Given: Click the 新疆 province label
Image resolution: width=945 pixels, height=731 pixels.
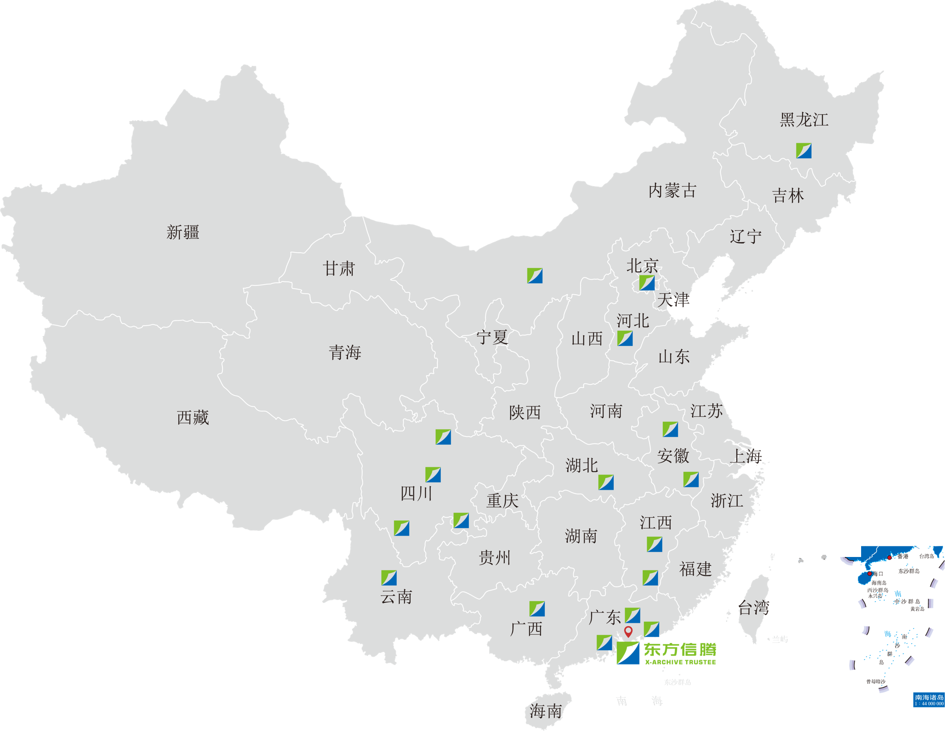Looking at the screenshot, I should [x=183, y=232].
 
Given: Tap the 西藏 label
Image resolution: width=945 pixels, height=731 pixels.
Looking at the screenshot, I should [x=193, y=418].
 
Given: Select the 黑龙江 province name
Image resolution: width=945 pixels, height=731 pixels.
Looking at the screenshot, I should [x=804, y=120].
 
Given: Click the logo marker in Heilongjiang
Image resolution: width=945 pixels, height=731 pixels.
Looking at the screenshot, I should [x=803, y=150].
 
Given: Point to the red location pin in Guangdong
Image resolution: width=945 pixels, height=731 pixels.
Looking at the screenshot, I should [x=628, y=631].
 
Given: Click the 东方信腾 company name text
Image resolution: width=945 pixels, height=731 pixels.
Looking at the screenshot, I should [x=680, y=650].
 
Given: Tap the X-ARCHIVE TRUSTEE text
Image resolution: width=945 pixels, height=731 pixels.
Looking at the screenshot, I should [x=680, y=662].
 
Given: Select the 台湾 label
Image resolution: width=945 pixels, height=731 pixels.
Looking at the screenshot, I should [x=754, y=608].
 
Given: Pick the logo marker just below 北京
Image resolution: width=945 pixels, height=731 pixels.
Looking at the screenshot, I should [x=647, y=283].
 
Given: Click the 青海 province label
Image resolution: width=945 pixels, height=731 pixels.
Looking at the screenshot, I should [x=345, y=352].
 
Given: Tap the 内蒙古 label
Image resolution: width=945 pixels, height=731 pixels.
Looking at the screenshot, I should [x=672, y=191].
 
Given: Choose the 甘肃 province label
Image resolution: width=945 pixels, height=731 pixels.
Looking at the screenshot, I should [x=339, y=268].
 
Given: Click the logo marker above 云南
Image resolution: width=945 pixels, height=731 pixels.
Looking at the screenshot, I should [x=389, y=578].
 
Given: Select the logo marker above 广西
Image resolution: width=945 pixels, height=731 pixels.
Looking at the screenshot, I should [x=537, y=609].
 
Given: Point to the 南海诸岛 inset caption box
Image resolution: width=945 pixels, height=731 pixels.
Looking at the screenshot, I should [x=929, y=700].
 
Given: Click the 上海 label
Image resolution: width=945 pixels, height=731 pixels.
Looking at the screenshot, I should [x=746, y=456].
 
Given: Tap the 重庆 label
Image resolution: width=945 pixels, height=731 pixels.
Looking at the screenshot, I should [x=502, y=501].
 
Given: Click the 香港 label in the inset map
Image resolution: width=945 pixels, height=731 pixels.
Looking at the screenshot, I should [x=903, y=557].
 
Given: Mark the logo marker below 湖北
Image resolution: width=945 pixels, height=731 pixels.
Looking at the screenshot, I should [x=606, y=482].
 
